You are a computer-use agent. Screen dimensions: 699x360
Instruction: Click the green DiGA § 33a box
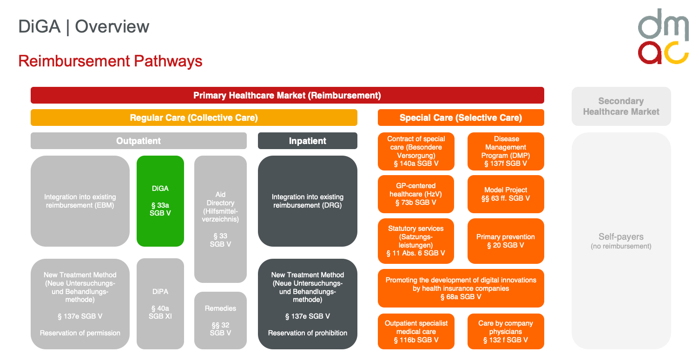point(160,201)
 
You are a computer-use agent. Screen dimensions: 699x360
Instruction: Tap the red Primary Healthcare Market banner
point(287,95)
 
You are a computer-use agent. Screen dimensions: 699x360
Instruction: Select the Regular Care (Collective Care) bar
point(194,118)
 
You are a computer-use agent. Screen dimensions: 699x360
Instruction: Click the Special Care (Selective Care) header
point(461,118)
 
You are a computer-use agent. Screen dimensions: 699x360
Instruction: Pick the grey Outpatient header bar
point(138,141)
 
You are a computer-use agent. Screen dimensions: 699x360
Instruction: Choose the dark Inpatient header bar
point(307,141)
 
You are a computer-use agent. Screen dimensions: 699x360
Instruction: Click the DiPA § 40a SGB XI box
point(160,303)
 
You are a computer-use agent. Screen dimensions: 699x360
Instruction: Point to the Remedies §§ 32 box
point(220,321)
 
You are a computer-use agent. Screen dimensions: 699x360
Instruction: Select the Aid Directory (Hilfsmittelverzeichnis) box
point(220,219)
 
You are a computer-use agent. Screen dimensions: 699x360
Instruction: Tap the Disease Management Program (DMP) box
point(506,151)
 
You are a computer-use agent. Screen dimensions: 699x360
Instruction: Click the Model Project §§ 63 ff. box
point(506,194)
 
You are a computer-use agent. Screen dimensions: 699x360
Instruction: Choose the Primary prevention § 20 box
point(506,241)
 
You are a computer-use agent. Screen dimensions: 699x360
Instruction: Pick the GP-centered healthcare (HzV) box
point(416,194)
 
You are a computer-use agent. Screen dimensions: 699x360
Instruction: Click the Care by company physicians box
point(506,331)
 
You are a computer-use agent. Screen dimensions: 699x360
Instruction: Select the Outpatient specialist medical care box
point(416,331)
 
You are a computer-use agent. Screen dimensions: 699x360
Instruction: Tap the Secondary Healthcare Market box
point(621,106)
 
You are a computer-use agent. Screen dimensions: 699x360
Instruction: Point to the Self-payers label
point(621,237)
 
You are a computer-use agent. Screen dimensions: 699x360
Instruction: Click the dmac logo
point(663,36)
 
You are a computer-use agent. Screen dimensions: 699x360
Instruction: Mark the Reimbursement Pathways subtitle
point(110,61)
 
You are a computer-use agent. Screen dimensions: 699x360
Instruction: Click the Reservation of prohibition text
point(307,333)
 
